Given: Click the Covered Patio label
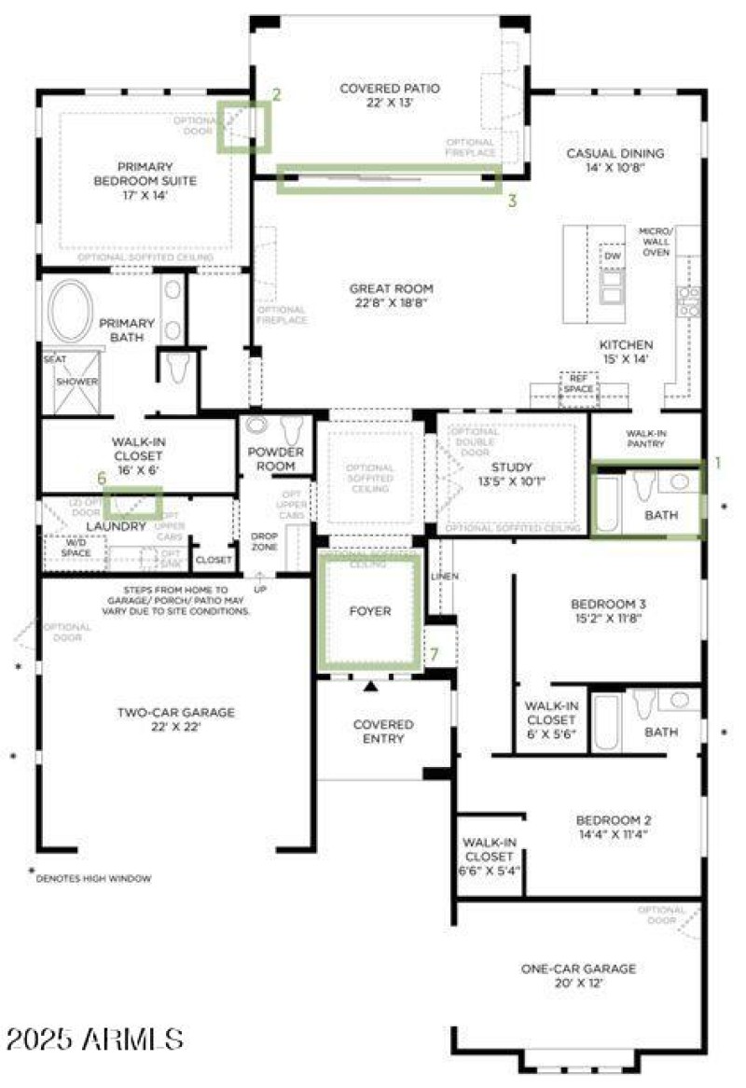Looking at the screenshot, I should tap(390, 89).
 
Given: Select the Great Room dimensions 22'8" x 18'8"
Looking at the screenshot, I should tap(392, 303).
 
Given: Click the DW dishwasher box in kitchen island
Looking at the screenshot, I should tap(613, 256).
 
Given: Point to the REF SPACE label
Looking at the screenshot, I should tap(577, 384).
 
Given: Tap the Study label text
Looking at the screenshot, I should tap(511, 467).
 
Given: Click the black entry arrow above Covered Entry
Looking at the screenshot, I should tap(371, 687).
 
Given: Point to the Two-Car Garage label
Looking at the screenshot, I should tap(175, 712).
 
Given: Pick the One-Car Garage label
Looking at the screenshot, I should tap(578, 969).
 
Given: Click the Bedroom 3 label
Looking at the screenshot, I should tap(608, 604).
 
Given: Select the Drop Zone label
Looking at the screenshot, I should tap(264, 542).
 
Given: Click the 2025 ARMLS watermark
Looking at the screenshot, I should tap(94, 1038).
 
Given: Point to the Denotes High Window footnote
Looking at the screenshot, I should tap(93, 878).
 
